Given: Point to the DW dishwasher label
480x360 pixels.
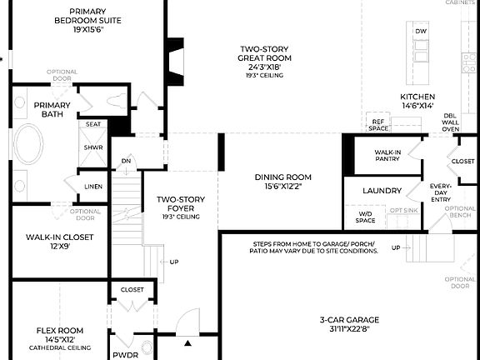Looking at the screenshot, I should (421, 31).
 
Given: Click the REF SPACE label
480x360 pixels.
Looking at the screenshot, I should (379, 124).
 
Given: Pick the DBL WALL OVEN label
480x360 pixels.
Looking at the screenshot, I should (450, 122).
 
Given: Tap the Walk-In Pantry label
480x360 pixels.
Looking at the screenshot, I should (387, 155).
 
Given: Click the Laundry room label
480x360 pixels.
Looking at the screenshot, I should (382, 191).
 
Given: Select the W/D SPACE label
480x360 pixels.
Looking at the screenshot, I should (365, 217).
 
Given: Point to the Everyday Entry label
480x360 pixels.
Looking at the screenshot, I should (440, 192).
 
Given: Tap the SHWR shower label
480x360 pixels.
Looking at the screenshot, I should (93, 147).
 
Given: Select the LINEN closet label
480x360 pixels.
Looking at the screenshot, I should (93, 186).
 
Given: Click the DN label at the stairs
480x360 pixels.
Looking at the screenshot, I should (126, 161).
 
